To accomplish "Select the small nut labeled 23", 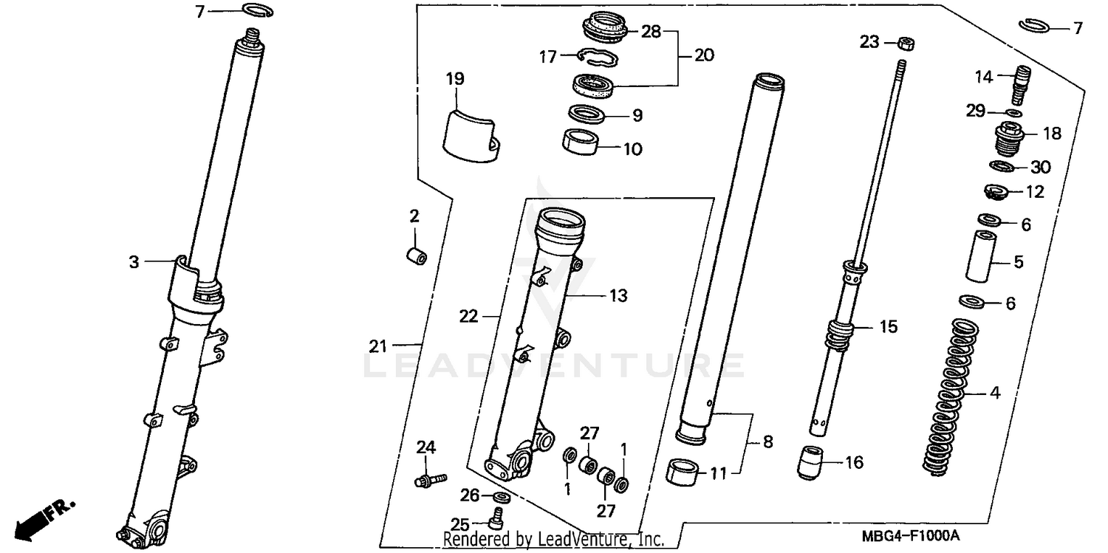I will pos(902,43).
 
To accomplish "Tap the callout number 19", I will pos(455,78).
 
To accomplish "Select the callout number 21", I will pos(379,346).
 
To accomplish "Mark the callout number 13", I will pos(618,296).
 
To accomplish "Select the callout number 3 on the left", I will pos(134,261).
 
